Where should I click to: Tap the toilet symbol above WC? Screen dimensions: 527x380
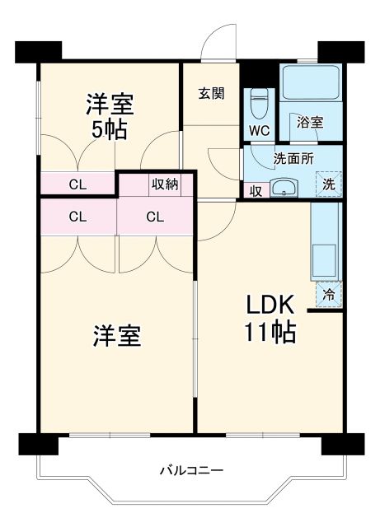pos(260,102)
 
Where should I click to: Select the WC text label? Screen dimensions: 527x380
pos(259,129)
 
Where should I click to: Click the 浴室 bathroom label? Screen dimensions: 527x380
pos(310,122)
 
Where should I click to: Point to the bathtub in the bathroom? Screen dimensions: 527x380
pos(310,83)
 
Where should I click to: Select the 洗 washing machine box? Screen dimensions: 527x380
pos(328,184)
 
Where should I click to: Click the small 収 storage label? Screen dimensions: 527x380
pos(256,190)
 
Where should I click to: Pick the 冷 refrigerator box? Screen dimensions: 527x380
pos(328,294)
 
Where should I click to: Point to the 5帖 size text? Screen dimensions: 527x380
pos(110,130)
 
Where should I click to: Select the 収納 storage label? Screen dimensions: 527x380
pos(163,184)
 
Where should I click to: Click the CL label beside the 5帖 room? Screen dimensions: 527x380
pos(77,184)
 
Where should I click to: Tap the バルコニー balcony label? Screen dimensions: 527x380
pos(191,470)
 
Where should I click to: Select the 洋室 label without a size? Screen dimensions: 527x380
pos(115,336)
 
